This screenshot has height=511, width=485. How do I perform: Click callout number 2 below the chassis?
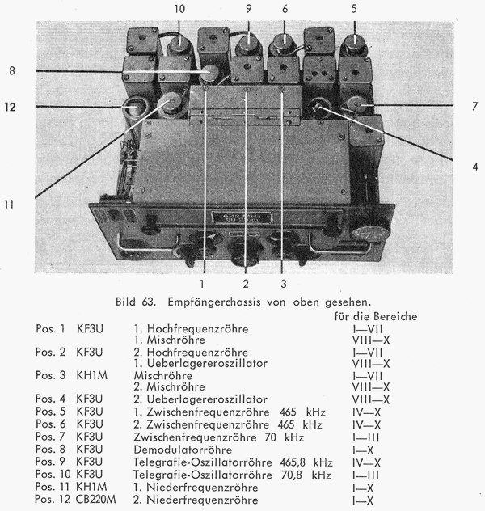[243, 284]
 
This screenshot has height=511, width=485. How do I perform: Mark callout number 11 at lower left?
[9, 205]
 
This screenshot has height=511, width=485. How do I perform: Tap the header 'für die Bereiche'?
[376, 317]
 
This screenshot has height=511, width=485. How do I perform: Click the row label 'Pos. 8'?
[51, 449]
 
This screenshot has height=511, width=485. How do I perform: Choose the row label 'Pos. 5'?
[51, 410]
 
